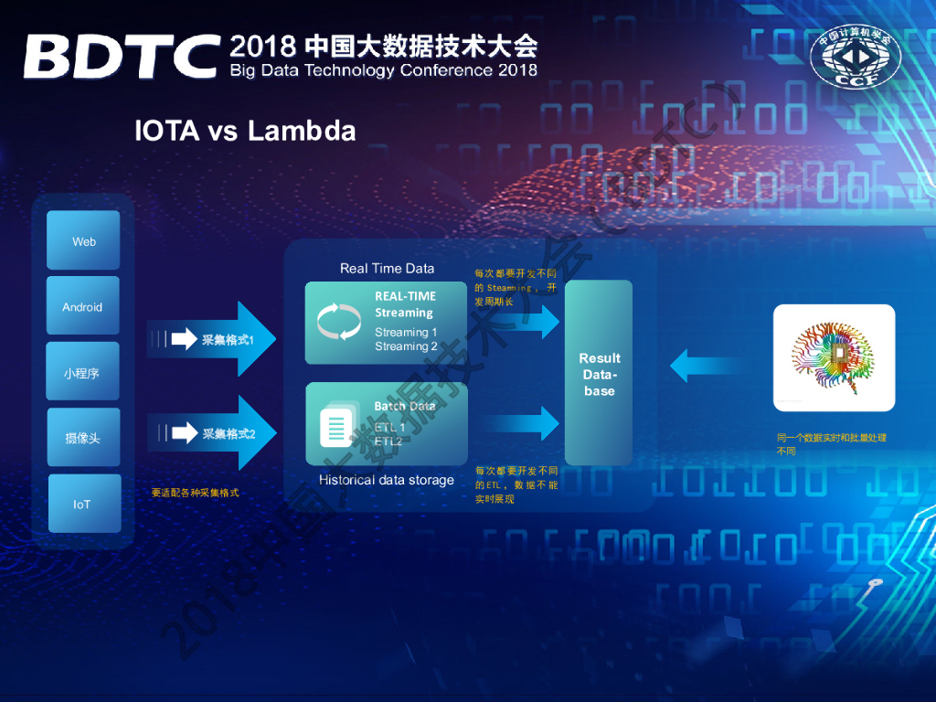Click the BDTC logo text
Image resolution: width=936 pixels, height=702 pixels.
pyautogui.click(x=122, y=57)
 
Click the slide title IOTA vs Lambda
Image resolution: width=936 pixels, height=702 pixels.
pyautogui.click(x=245, y=131)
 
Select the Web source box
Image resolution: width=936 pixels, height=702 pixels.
pyautogui.click(x=84, y=241)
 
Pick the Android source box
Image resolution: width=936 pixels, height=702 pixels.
pyautogui.click(x=83, y=307)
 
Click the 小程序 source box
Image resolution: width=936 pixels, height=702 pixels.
pyautogui.click(x=83, y=372)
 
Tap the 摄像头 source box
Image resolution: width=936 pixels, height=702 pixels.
pyautogui.click(x=83, y=438)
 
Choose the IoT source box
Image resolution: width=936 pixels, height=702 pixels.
pyautogui.click(x=83, y=504)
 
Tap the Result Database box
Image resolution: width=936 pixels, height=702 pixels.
pyautogui.click(x=599, y=374)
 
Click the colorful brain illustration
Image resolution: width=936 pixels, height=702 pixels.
pyautogui.click(x=834, y=357)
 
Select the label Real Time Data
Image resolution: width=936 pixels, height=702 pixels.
pyautogui.click(x=387, y=269)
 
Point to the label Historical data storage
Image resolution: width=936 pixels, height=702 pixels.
pyautogui.click(x=386, y=480)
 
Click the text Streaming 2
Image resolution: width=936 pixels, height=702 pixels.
pyautogui.click(x=406, y=346)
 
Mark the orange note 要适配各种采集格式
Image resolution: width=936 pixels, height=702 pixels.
pyautogui.click(x=195, y=493)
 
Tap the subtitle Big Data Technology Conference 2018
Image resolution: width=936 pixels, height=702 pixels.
pyautogui.click(x=384, y=70)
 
